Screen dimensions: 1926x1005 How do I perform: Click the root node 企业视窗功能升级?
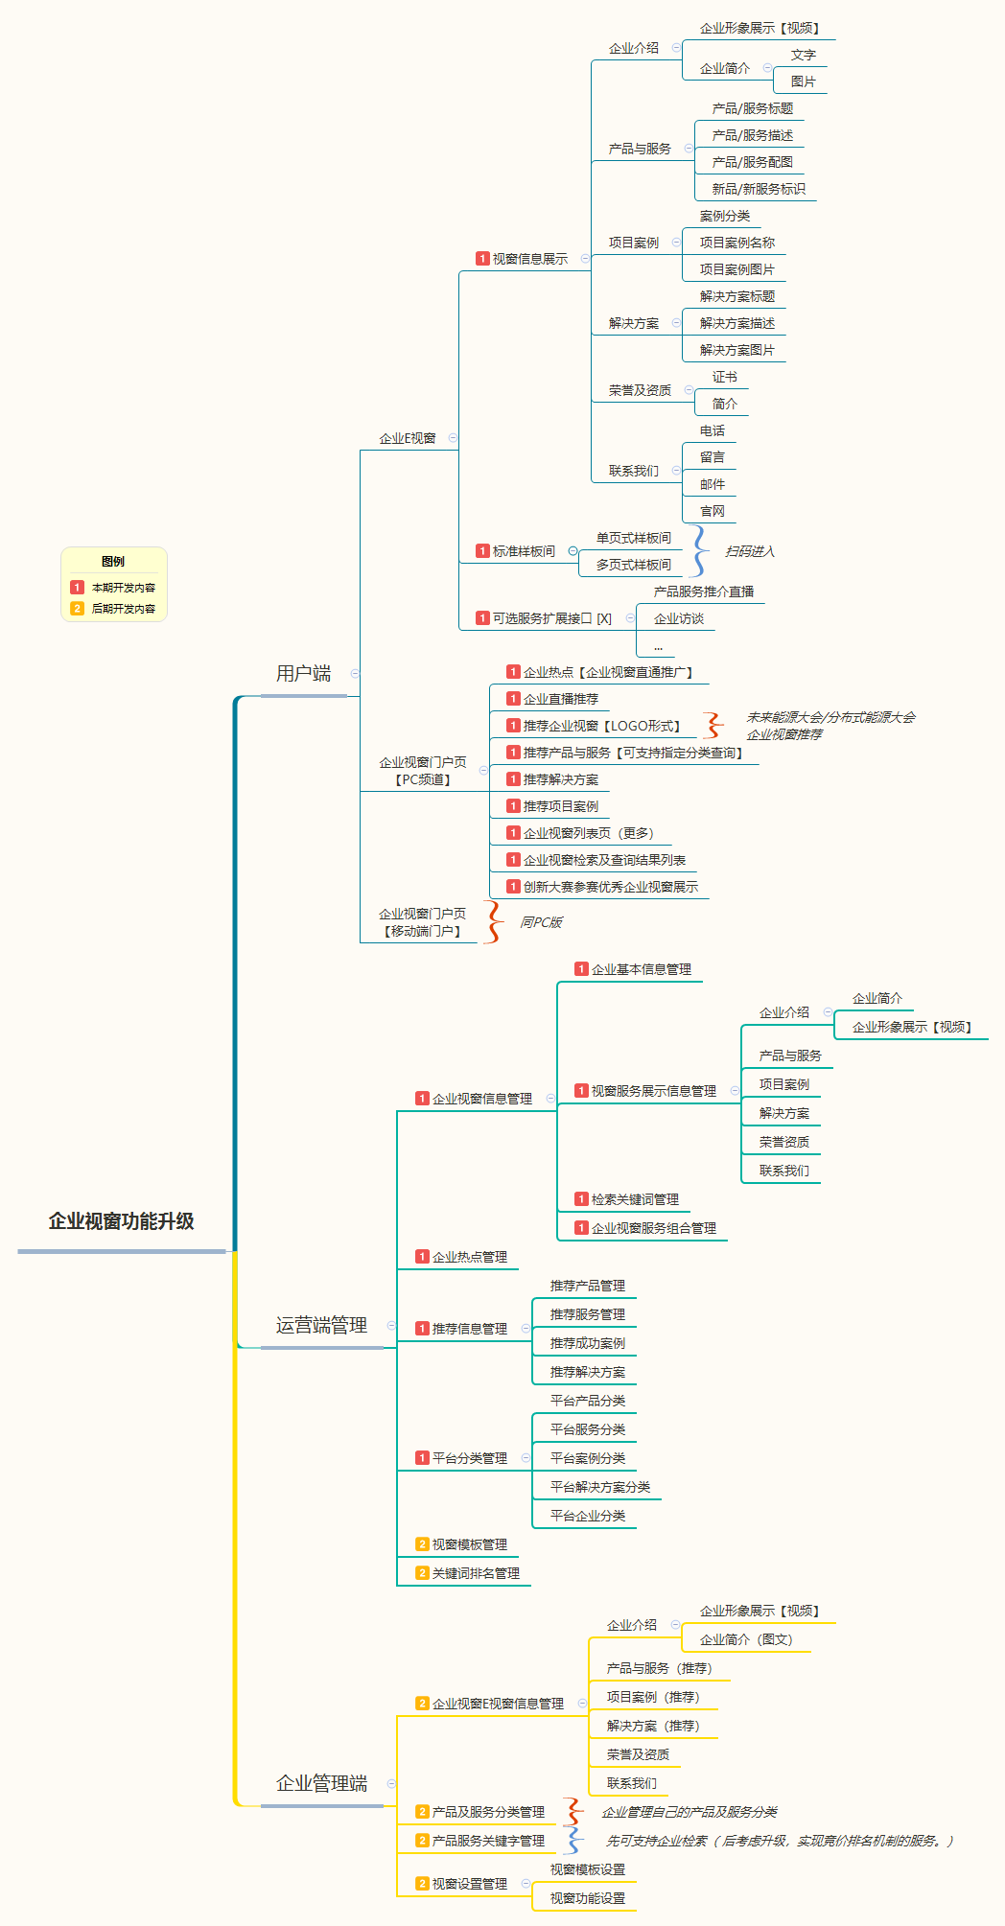pyautogui.click(x=121, y=1221)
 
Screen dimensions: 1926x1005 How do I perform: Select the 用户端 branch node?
pyautogui.click(x=303, y=674)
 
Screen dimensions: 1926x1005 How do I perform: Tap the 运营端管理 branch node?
pyautogui.click(x=321, y=1326)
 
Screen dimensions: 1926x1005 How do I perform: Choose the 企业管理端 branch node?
pyautogui.click(x=321, y=1784)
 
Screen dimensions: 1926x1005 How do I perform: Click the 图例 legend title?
pyautogui.click(x=113, y=562)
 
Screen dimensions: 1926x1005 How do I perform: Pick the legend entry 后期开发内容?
pyautogui.click(x=123, y=609)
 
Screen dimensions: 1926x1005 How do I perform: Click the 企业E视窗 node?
pyautogui.click(x=407, y=438)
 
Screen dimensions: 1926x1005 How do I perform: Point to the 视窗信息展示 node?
pyautogui.click(x=529, y=259)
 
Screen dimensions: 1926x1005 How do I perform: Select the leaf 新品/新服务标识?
pyautogui.click(x=758, y=189)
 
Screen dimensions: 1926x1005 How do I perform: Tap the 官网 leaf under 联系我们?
pyautogui.click(x=712, y=511)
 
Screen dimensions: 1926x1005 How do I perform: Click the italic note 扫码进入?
pyautogui.click(x=749, y=551)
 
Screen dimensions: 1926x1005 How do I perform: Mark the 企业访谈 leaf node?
pyautogui.click(x=678, y=618)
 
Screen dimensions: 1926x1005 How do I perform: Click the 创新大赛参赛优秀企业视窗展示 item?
pyautogui.click(x=610, y=887)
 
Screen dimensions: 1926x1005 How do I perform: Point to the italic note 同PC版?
pyautogui.click(x=541, y=922)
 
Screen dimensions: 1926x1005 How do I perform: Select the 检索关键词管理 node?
pyautogui.click(x=634, y=1199)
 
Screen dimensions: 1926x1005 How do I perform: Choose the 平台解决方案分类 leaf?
pyautogui.click(x=599, y=1487)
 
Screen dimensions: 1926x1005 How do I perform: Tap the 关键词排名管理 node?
pyautogui.click(x=475, y=1573)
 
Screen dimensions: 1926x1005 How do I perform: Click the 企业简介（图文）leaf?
pyautogui.click(x=745, y=1639)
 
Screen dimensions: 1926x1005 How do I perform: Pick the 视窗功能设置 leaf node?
pyautogui.click(x=587, y=1898)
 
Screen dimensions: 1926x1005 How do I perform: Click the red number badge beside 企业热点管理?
pyautogui.click(x=422, y=1257)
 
